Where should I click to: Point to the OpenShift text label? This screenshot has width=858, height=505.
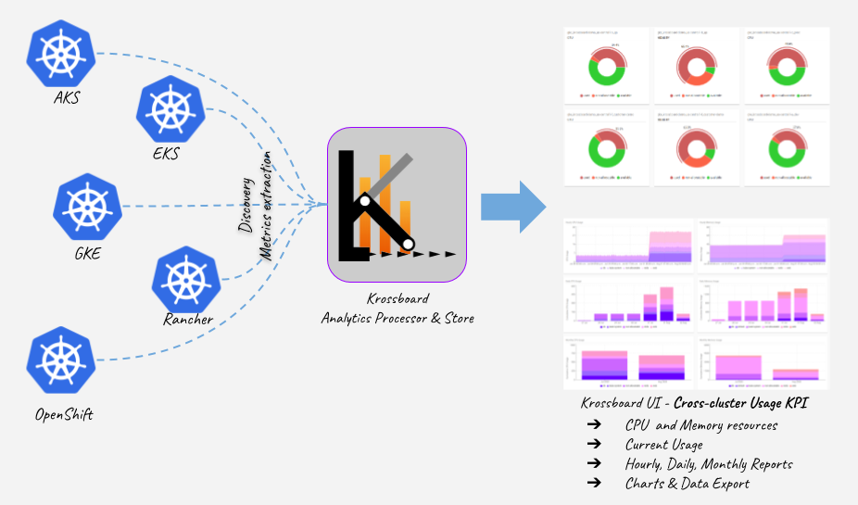pyautogui.click(x=64, y=414)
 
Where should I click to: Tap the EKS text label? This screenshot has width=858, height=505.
pyautogui.click(x=166, y=154)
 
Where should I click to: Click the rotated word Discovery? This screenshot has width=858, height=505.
pyautogui.click(x=246, y=201)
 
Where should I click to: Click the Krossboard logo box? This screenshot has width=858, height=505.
pyautogui.click(x=397, y=205)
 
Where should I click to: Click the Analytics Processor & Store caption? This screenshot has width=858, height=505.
pyautogui.click(x=397, y=318)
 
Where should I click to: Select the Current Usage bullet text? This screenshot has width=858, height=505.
pyautogui.click(x=663, y=445)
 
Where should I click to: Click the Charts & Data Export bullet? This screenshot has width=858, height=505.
pyautogui.click(x=687, y=483)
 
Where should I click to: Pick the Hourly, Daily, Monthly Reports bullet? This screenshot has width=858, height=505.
pyautogui.click(x=709, y=463)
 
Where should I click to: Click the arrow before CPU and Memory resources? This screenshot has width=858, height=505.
pyautogui.click(x=592, y=425)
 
